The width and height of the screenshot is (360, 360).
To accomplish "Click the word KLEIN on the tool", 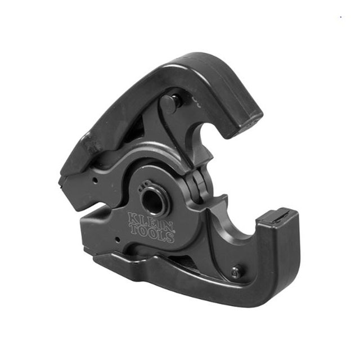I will point(145,219).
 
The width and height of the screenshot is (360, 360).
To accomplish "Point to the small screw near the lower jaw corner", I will point(236,272).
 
